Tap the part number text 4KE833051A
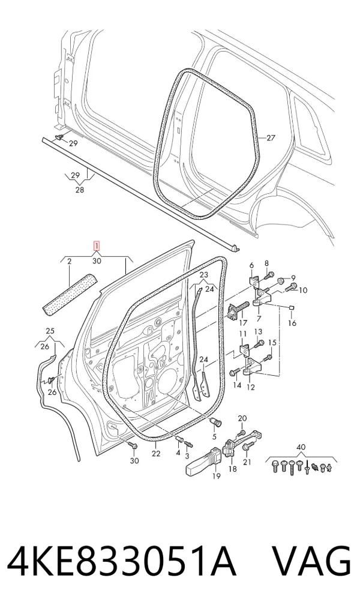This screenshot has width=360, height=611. [122, 561]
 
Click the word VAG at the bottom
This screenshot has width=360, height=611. [311, 561]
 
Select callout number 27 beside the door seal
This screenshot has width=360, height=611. [271, 137]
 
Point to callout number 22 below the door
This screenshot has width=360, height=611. [156, 454]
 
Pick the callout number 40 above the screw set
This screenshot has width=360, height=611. [301, 447]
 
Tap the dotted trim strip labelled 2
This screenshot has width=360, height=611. [70, 293]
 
